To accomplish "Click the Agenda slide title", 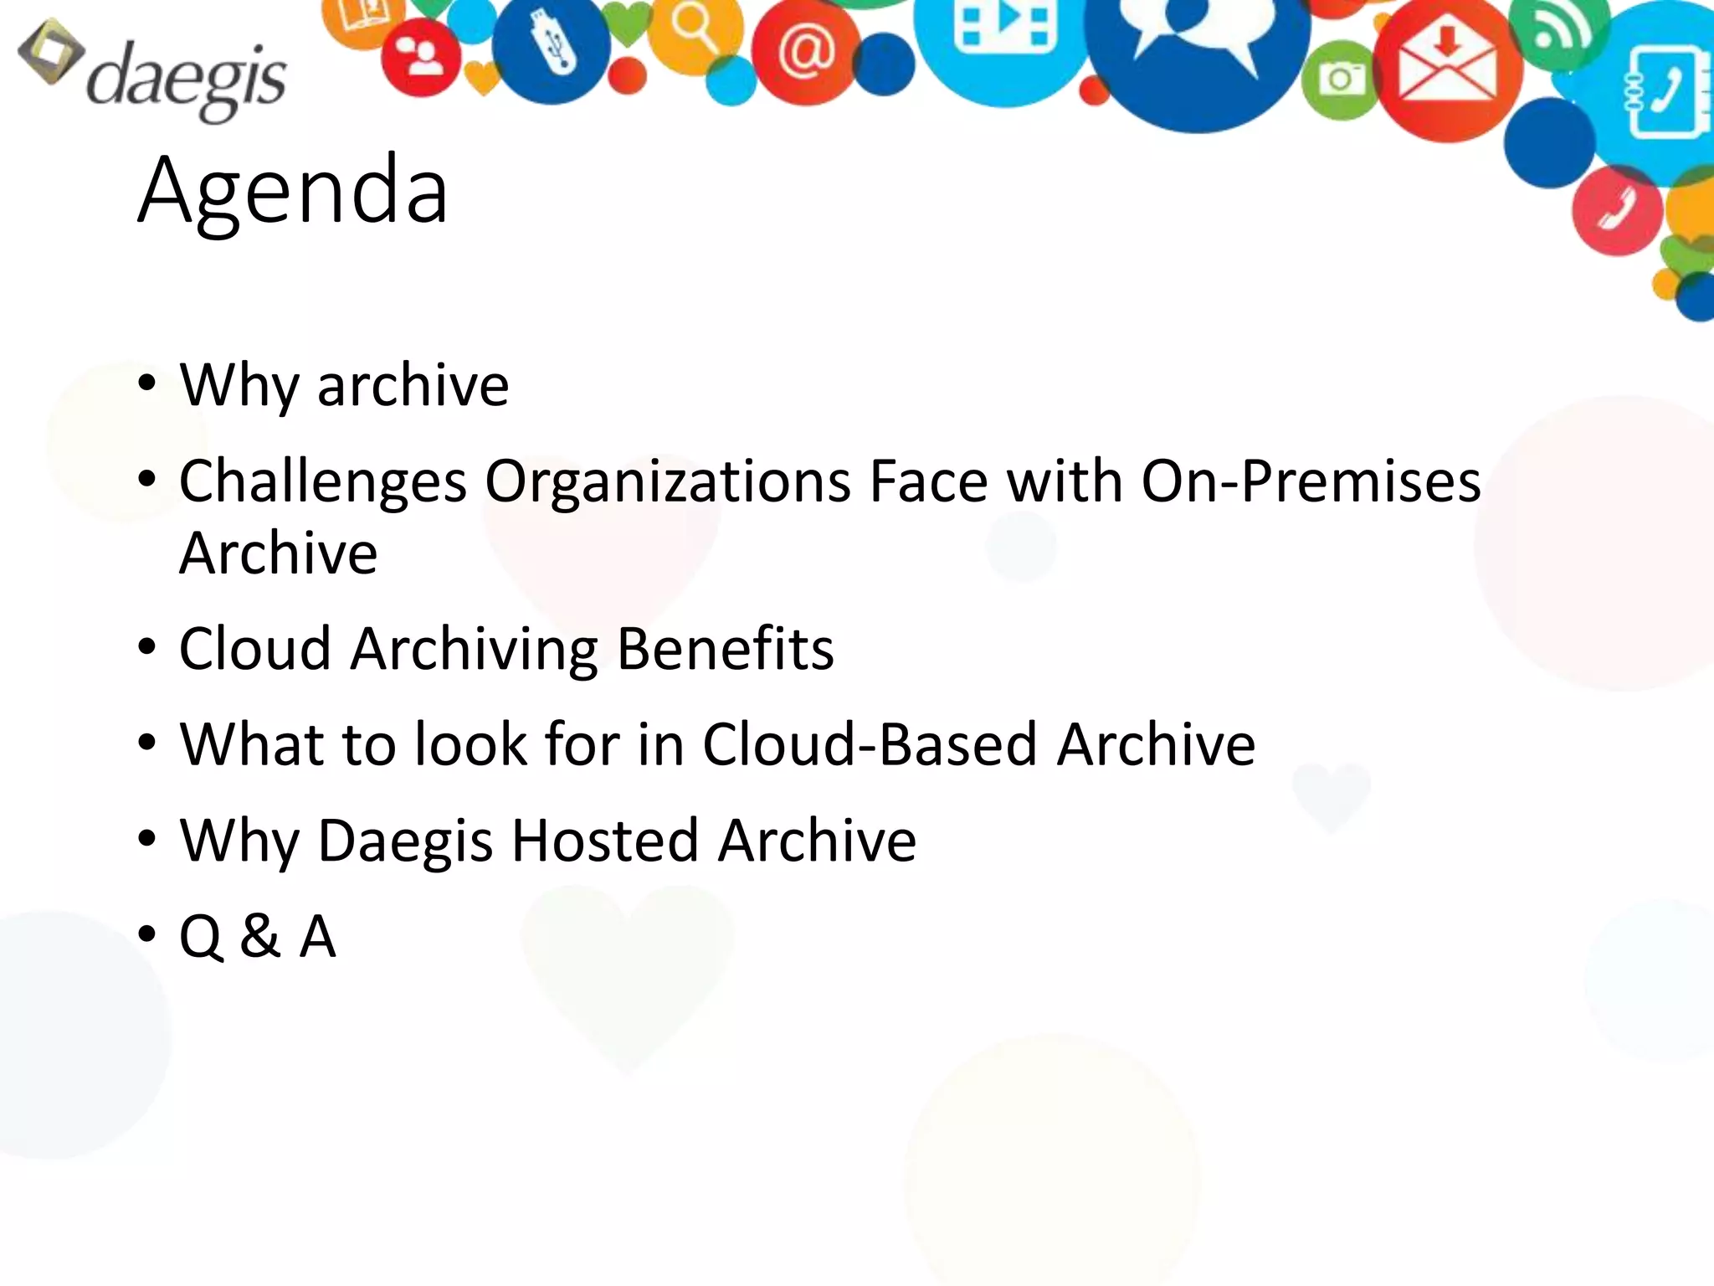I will [x=293, y=191].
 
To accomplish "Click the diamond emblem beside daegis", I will [x=50, y=52].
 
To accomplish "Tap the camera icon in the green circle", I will [x=1340, y=79].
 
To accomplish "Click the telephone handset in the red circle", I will [x=1616, y=209].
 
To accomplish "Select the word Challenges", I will [x=323, y=483].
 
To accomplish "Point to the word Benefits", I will [x=725, y=649].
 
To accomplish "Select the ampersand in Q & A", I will [x=259, y=936].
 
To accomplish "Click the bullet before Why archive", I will [x=147, y=385].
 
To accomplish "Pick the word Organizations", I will [x=668, y=483].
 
